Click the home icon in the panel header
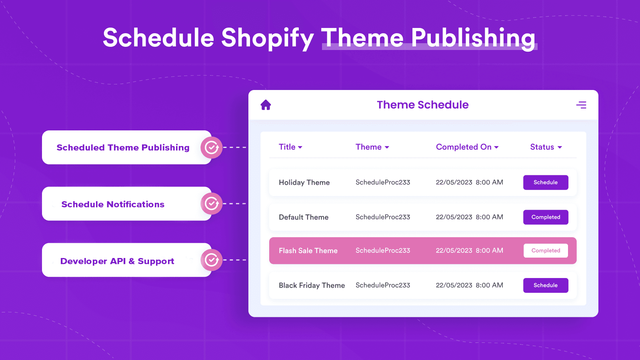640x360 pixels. [x=266, y=105]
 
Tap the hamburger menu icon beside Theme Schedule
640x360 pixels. [x=581, y=105]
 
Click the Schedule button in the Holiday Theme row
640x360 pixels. [x=546, y=182]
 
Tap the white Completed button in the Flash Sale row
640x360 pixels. [x=546, y=251]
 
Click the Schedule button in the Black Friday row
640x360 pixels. [x=546, y=285]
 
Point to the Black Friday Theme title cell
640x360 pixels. [x=312, y=286]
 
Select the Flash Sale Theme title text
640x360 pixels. [x=308, y=251]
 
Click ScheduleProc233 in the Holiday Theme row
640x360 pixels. [x=383, y=182]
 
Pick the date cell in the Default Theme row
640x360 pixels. [x=469, y=217]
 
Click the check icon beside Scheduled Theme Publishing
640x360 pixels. [x=212, y=148]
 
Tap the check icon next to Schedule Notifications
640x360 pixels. [x=212, y=204]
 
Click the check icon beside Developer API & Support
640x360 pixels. [x=212, y=260]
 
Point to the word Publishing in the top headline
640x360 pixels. [x=473, y=38]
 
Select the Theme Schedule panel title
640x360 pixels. [x=422, y=105]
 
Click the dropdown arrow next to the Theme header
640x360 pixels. [x=387, y=148]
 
